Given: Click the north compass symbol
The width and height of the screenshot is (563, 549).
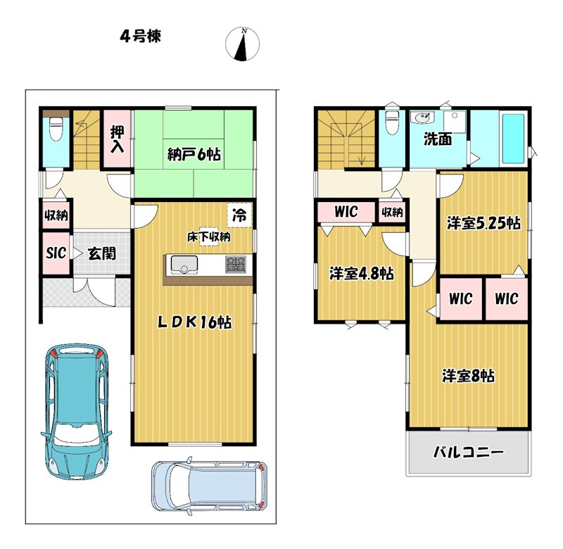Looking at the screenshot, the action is click(x=242, y=44).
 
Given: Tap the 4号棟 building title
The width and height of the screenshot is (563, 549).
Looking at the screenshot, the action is click(x=140, y=37).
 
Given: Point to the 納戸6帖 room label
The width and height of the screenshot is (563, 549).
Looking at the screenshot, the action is click(x=194, y=154).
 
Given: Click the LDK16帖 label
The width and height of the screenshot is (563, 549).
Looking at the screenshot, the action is click(x=195, y=322).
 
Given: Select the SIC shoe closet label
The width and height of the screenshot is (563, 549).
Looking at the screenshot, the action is click(x=56, y=253).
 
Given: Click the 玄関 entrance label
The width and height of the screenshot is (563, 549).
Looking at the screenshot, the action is click(x=102, y=253).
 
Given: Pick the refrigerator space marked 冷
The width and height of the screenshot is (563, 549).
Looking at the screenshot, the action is click(x=239, y=215).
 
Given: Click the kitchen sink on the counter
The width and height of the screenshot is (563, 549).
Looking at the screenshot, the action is click(x=184, y=265).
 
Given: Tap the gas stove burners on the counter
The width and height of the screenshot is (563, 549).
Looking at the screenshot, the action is click(x=236, y=265).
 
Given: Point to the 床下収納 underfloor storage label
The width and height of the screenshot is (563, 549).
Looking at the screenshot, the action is click(x=208, y=236).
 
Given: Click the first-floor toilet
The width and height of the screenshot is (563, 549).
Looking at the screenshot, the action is click(x=56, y=130).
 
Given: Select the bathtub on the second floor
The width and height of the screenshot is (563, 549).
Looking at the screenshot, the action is click(x=513, y=139).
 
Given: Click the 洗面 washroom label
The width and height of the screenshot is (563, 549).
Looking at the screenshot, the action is click(x=438, y=139).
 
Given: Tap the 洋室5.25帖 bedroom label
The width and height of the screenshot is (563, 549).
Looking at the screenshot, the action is click(x=483, y=223).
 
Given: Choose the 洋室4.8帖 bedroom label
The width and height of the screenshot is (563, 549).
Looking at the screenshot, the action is click(x=362, y=274).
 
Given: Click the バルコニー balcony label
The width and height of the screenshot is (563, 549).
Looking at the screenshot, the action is click(x=468, y=452).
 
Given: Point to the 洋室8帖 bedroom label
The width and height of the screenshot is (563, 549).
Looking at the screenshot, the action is click(x=468, y=376).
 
